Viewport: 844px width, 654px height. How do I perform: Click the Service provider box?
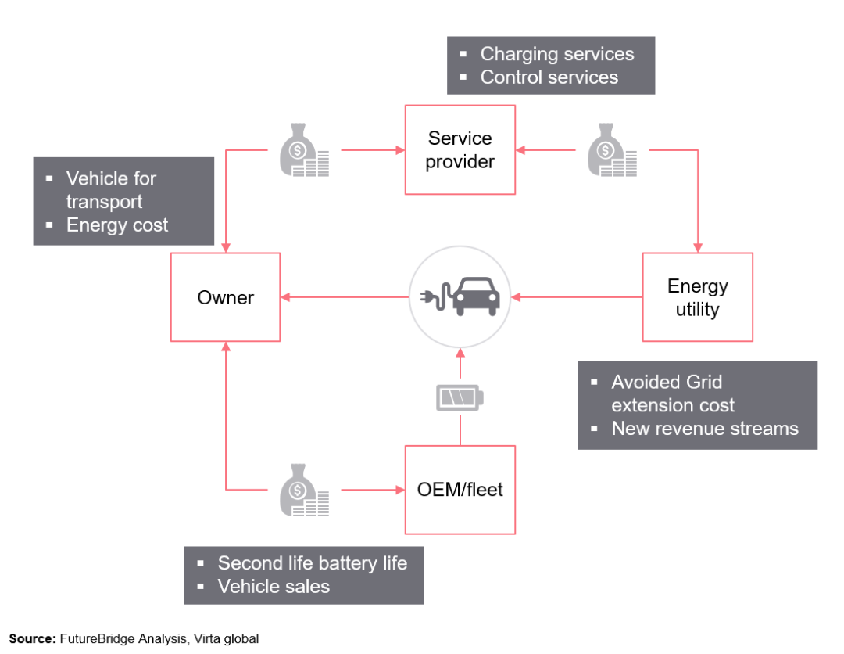[460, 150]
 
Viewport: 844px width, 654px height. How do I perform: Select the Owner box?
[225, 297]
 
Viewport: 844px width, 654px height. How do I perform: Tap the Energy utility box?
[697, 297]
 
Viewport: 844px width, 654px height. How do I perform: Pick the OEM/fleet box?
[460, 490]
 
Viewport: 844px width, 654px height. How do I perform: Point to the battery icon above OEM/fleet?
[460, 398]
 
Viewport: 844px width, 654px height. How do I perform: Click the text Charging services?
[556, 54]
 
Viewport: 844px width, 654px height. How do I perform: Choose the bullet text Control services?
[549, 77]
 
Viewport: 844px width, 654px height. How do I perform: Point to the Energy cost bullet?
[117, 225]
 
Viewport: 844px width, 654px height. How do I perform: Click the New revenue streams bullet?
[704, 429]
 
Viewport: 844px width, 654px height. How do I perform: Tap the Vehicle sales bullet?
[274, 587]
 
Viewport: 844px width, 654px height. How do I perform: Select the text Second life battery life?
[312, 563]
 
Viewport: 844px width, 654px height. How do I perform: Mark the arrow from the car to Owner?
[344, 297]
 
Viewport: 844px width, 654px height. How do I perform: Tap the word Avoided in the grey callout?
[644, 383]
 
